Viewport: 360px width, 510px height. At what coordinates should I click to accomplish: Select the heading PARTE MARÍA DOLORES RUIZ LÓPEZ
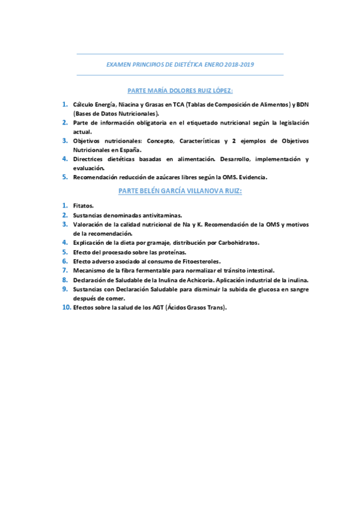pyautogui.click(x=180, y=91)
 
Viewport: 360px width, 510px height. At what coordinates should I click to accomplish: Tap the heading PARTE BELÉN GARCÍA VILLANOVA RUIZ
pyautogui.click(x=180, y=191)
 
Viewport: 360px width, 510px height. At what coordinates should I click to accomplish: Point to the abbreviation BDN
pyautogui.click(x=301, y=105)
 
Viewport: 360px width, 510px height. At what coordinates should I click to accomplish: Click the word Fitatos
pyautogui.click(x=83, y=206)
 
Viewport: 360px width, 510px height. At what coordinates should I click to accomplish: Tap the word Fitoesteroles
pyautogui.click(x=199, y=261)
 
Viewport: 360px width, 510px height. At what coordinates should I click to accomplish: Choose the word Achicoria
pyautogui.click(x=195, y=280)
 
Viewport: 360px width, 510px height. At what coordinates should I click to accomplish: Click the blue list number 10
pyautogui.click(x=66, y=307)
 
